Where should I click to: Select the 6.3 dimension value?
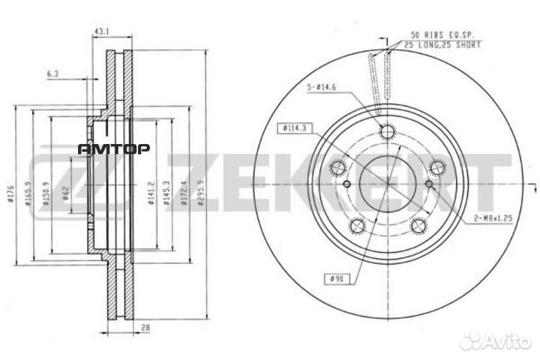click(52, 73)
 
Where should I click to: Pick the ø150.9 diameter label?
click(48, 193)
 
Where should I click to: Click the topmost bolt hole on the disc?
click(387, 133)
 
